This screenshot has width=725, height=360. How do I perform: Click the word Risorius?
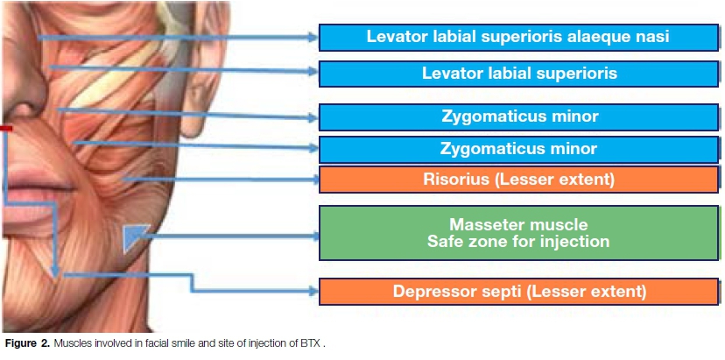[x=462, y=180]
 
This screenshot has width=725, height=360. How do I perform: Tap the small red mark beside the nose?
[x=5, y=129]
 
